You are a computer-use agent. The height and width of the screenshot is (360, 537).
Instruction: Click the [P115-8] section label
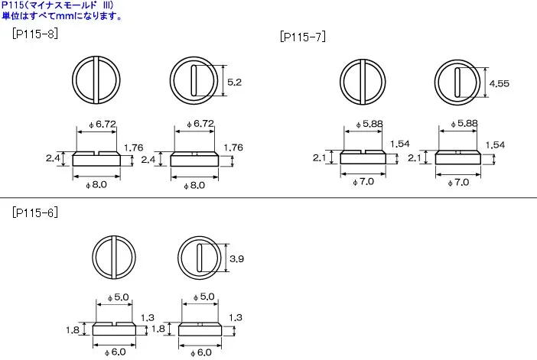tap(35, 34)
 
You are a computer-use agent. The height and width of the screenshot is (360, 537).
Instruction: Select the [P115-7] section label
tap(303, 37)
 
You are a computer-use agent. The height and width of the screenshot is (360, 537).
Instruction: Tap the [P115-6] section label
tap(35, 212)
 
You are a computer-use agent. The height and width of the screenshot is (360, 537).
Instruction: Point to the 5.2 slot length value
tap(235, 82)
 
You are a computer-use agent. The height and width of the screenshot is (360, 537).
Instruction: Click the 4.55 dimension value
tap(499, 83)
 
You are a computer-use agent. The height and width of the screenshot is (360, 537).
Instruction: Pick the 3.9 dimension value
tap(236, 258)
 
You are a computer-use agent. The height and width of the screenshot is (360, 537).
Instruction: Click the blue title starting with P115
tap(57, 5)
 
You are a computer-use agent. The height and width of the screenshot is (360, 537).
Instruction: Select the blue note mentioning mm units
tap(62, 16)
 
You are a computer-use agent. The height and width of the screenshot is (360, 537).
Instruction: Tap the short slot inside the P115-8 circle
tap(194, 80)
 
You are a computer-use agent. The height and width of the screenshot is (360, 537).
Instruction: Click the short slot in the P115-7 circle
tap(457, 83)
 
